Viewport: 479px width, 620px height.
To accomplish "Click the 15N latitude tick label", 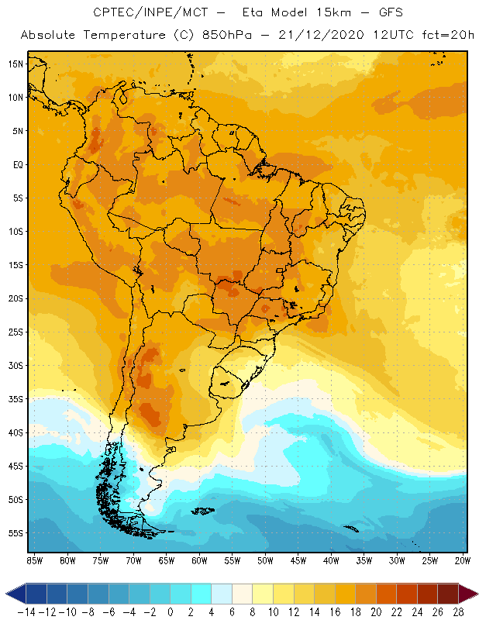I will pyautogui.click(x=16, y=64).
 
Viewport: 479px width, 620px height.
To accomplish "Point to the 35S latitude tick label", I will pyautogui.click(x=16, y=399).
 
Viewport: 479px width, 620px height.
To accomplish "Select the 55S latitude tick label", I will pyautogui.click(x=16, y=533).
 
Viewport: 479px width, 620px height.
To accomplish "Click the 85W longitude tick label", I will pyautogui.click(x=35, y=560).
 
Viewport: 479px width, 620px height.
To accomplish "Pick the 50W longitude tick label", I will pyautogui.click(x=266, y=560).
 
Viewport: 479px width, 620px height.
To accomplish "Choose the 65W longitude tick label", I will pyautogui.click(x=167, y=560).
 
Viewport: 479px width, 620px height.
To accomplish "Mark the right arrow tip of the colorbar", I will pyautogui.click(x=474, y=594).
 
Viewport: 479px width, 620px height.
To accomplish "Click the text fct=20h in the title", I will pyautogui.click(x=447, y=36).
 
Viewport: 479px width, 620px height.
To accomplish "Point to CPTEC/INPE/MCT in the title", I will pyautogui.click(x=143, y=13).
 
